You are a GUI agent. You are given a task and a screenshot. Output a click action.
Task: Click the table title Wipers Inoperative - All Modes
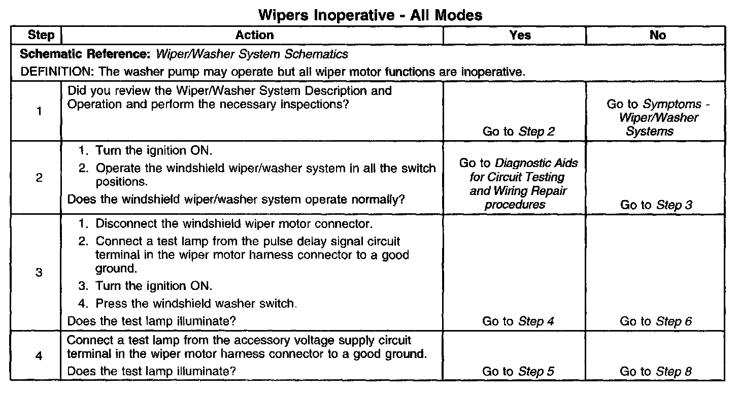tap(370, 15)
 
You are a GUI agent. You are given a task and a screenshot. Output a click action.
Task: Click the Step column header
tap(40, 35)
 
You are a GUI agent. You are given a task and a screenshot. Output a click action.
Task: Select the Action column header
tap(254, 35)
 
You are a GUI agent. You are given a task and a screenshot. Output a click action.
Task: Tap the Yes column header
tap(520, 35)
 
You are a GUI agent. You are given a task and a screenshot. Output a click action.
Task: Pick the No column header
tap(657, 35)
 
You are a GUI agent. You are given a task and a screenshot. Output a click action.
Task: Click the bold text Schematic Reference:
tap(86, 54)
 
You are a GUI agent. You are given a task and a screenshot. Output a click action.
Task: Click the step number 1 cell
tap(39, 111)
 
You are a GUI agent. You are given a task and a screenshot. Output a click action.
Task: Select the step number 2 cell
tap(39, 178)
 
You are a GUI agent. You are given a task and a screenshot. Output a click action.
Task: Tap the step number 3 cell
tap(39, 272)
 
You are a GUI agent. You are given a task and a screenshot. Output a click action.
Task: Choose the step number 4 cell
tap(39, 355)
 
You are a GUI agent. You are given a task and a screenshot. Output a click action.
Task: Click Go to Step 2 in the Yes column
tap(519, 132)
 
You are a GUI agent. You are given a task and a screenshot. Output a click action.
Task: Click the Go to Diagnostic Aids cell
tap(518, 184)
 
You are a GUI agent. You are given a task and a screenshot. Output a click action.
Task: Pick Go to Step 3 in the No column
tap(656, 205)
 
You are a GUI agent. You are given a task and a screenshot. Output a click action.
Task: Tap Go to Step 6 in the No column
tap(656, 321)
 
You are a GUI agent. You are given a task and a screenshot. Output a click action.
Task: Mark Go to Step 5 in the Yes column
tap(518, 371)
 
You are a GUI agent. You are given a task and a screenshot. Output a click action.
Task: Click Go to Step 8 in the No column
tap(656, 371)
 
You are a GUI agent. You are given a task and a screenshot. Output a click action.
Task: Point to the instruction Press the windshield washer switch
tap(195, 305)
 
